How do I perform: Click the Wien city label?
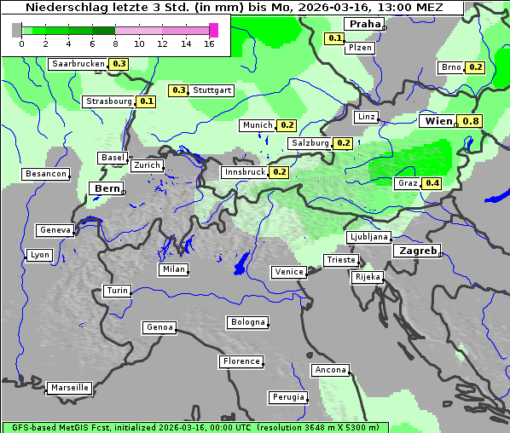tap(438, 121)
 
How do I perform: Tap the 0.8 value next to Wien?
tap(471, 121)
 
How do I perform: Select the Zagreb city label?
tap(417, 251)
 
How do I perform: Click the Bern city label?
tap(107, 188)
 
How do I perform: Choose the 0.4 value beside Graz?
tap(432, 183)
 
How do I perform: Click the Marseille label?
tap(69, 388)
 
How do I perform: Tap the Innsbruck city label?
tap(244, 172)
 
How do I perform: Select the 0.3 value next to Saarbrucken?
tap(119, 64)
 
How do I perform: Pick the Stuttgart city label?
tap(212, 90)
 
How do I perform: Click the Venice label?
tap(288, 272)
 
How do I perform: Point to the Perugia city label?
tap(287, 397)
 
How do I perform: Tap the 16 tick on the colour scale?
tap(209, 43)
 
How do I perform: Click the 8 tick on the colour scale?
tap(115, 43)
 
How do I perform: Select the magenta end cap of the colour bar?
tap(213, 30)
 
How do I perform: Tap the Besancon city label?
tap(46, 174)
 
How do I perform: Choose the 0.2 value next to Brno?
tap(475, 67)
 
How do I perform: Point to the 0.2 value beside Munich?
tap(287, 125)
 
